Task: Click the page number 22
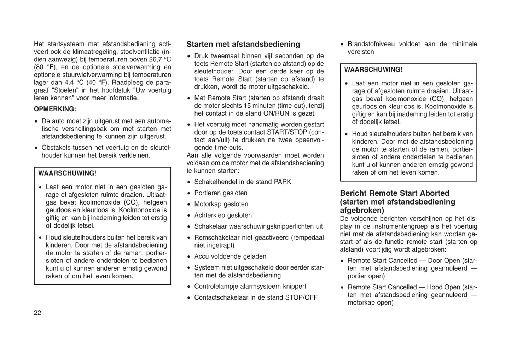pyautogui.click(x=37, y=313)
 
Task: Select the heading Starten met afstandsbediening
pyautogui.click(x=243, y=44)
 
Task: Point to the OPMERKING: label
pyautogui.click(x=55, y=109)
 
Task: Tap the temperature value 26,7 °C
pyautogui.click(x=157, y=59)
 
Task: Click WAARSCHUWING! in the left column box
pyautogui.click(x=67, y=173)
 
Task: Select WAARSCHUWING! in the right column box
pyautogui.click(x=373, y=70)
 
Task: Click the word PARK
pyautogui.click(x=282, y=182)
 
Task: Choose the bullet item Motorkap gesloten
pyautogui.click(x=221, y=204)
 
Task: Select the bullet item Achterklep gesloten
pyautogui.click(x=223, y=215)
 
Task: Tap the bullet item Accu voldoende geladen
pyautogui.click(x=230, y=256)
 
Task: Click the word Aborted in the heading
pyautogui.click(x=434, y=193)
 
